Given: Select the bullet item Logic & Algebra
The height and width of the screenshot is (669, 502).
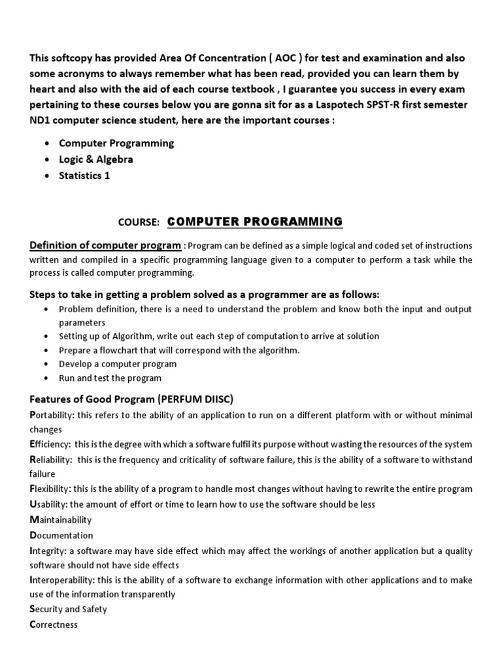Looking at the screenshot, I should (96, 159).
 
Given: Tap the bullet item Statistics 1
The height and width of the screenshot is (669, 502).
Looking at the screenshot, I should (85, 175).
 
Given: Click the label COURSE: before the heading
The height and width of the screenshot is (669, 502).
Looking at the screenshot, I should (139, 223).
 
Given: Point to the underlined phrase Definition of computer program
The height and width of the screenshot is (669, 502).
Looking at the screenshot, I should (105, 245).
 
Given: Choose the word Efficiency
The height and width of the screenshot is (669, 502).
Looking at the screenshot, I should (50, 444).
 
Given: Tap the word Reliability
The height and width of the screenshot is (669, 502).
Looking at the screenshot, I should (51, 460).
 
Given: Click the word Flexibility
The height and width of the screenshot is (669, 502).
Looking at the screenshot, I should (50, 489).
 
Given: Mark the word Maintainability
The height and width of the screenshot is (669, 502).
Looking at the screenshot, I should (61, 520).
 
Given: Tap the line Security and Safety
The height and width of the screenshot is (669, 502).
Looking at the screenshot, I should (68, 609).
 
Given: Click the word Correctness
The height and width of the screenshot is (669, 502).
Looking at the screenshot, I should (54, 625).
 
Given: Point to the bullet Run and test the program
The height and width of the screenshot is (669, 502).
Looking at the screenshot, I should (110, 378).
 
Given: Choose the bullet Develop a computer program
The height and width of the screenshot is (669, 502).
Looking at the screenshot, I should (118, 364).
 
